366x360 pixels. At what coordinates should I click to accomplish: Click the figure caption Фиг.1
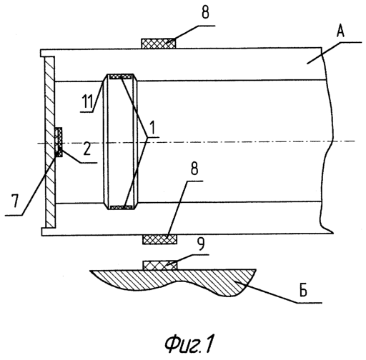click(x=189, y=343)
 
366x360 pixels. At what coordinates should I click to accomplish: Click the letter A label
click(x=340, y=31)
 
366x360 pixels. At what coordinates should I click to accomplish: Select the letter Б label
click(x=303, y=290)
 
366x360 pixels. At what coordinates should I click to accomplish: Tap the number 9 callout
click(x=202, y=244)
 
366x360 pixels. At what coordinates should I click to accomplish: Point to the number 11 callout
click(x=87, y=101)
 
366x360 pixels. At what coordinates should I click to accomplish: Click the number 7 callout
click(x=15, y=201)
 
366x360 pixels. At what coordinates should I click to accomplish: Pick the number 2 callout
click(x=87, y=149)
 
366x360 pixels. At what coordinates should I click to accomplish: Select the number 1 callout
click(x=152, y=128)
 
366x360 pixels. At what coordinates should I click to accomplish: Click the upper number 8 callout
click(x=205, y=12)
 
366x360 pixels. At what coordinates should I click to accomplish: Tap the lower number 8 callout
click(x=194, y=169)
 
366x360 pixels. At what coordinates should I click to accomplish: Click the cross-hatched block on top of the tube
click(x=159, y=44)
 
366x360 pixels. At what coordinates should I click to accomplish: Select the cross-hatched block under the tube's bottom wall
click(x=159, y=239)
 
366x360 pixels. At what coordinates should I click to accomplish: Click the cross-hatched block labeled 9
click(x=160, y=265)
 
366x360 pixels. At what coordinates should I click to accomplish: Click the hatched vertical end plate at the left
click(x=50, y=142)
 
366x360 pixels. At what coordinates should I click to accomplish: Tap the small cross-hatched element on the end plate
click(x=59, y=142)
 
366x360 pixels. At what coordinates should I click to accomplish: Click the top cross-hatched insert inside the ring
click(x=121, y=76)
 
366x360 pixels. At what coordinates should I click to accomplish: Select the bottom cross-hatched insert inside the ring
click(x=122, y=207)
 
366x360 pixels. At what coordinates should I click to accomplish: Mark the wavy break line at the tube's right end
click(x=327, y=141)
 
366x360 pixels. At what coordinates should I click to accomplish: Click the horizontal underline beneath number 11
click(x=86, y=111)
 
